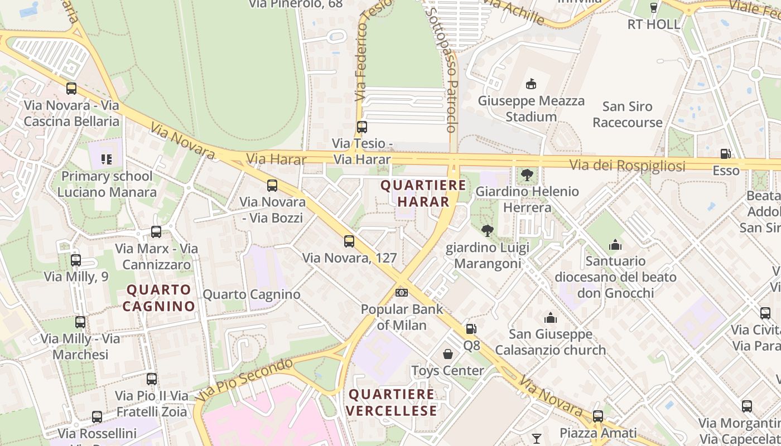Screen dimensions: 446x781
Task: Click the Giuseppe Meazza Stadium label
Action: [x=531, y=109]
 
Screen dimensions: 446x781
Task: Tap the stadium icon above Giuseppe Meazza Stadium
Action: [x=531, y=84]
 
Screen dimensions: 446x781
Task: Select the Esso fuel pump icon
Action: [x=725, y=153]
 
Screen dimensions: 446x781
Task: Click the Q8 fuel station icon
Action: [x=471, y=329]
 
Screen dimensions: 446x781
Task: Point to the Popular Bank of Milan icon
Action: [x=401, y=293]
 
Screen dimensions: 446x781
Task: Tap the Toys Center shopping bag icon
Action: [x=447, y=354]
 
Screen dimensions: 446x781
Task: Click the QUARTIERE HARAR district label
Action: [x=423, y=193]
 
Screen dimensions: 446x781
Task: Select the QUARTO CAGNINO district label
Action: [x=159, y=298]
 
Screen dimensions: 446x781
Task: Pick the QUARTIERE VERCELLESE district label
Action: [x=392, y=403]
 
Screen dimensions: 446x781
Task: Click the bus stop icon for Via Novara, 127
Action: [x=349, y=241]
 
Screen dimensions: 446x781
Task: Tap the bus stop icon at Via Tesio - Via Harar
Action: [x=362, y=127]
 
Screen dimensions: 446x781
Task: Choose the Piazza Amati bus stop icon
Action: [x=598, y=416]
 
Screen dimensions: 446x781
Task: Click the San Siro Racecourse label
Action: [x=628, y=114]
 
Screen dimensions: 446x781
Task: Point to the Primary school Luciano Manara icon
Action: [x=107, y=160]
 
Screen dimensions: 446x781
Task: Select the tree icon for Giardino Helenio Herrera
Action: [x=527, y=175]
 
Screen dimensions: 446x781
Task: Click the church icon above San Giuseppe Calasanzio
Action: [x=551, y=318]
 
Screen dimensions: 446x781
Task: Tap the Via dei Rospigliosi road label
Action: [x=628, y=166]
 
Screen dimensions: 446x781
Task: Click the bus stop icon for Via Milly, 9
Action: [x=76, y=260]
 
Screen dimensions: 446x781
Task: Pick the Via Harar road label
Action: [x=276, y=159]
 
